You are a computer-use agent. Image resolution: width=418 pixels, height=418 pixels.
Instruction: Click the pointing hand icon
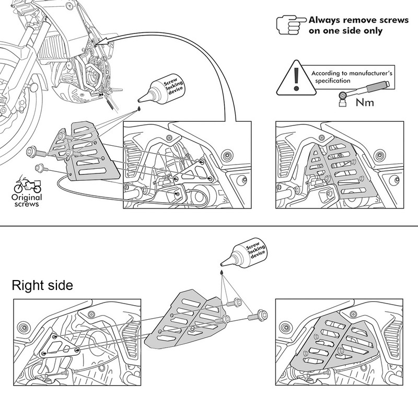click(291, 25)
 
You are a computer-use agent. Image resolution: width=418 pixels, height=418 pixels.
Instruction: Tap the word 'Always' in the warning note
click(324, 20)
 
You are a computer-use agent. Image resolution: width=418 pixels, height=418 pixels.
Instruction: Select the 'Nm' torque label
click(365, 102)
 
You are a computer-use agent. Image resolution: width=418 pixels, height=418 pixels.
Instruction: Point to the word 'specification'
click(333, 80)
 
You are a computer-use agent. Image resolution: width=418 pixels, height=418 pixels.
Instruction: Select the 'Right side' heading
click(42, 285)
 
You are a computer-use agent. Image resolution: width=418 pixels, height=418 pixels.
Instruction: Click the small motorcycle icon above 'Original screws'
click(28, 184)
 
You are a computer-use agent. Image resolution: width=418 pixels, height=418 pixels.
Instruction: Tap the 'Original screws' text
click(27, 201)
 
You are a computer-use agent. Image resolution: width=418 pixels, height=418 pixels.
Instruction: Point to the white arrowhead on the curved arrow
click(102, 41)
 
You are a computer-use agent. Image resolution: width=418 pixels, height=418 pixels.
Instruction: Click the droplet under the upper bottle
click(139, 109)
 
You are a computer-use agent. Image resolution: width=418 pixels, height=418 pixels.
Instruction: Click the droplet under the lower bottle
click(222, 273)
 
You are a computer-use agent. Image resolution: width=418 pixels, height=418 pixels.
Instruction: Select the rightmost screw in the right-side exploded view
click(258, 316)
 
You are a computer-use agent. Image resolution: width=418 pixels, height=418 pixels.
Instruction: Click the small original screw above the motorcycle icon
click(41, 168)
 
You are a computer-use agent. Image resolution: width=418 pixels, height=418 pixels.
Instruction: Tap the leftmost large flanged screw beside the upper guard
click(36, 152)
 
